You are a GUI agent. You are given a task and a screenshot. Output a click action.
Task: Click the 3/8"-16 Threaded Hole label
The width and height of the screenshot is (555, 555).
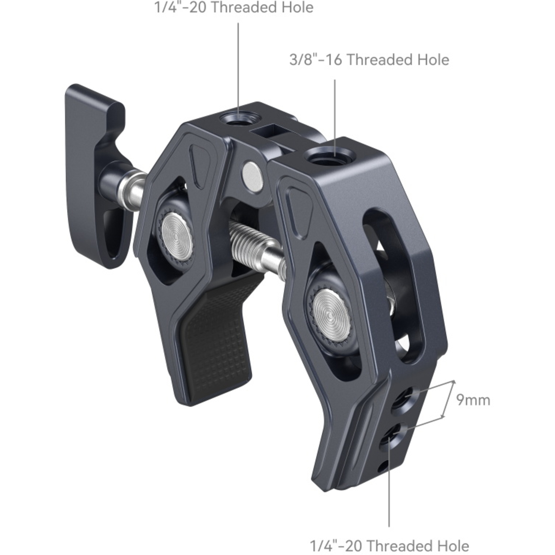click(369, 60)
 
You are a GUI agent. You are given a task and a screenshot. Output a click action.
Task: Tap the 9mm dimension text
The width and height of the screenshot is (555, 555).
click(473, 400)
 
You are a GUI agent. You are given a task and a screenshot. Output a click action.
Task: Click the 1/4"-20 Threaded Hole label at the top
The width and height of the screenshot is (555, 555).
click(234, 7)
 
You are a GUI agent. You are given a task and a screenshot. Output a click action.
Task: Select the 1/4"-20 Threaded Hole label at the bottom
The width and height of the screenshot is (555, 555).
click(389, 546)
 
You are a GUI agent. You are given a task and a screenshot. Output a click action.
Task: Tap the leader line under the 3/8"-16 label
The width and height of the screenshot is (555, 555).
click(335, 111)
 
